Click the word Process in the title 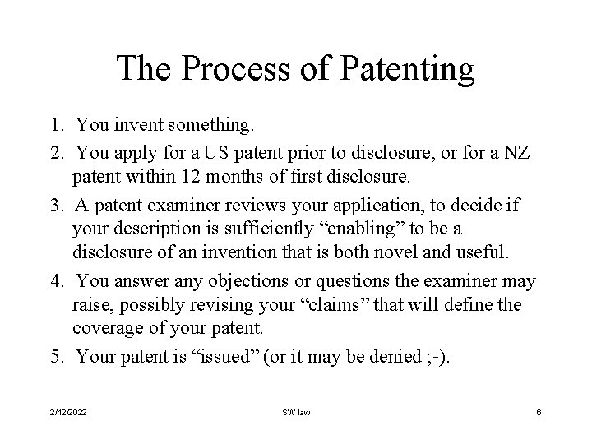224,69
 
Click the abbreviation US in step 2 238,153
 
